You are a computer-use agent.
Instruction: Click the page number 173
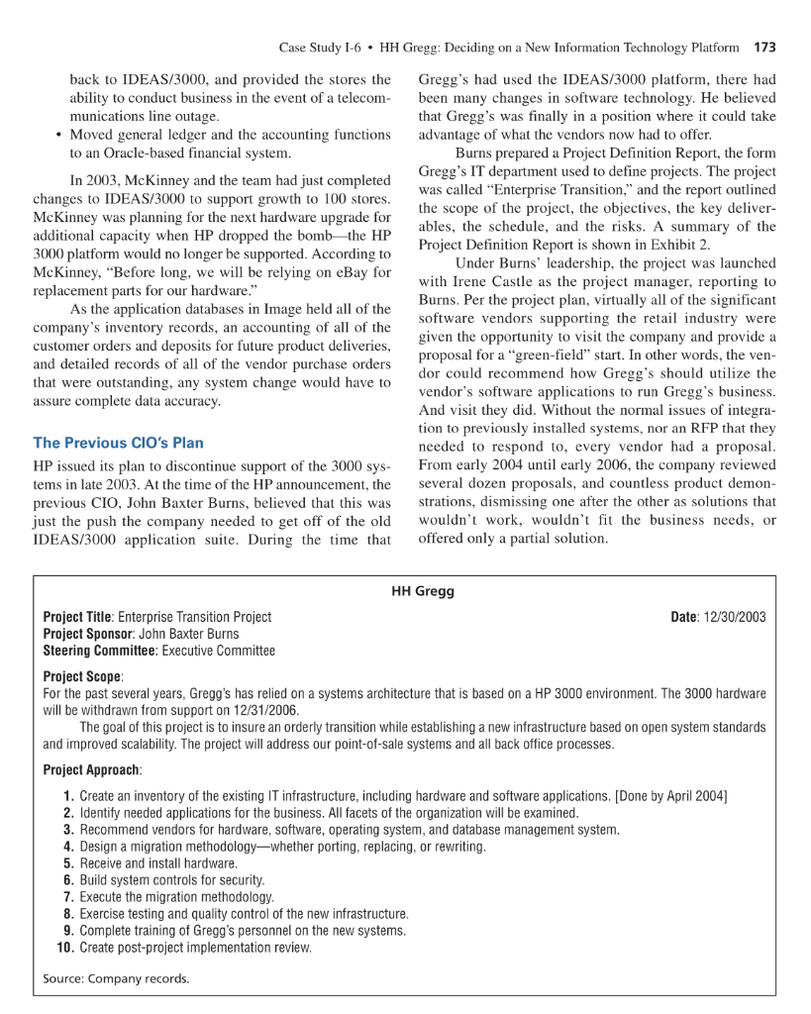pos(764,47)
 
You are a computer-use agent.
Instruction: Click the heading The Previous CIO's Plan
pos(119,443)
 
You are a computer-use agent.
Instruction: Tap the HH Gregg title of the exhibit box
pos(423,591)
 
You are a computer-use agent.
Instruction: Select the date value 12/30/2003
pos(734,617)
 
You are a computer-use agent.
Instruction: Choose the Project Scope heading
pos(83,677)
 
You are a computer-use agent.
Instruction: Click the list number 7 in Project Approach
pos(68,897)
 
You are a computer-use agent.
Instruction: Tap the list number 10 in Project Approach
pos(65,948)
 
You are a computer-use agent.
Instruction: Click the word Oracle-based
pos(148,153)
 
